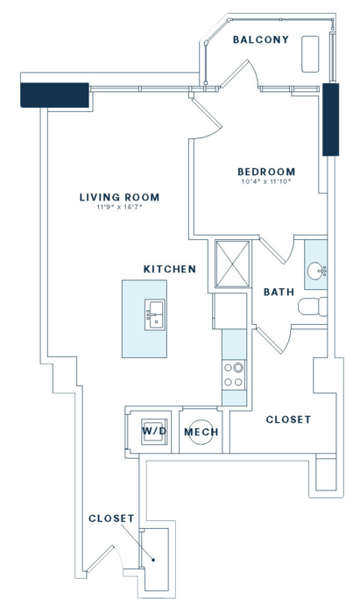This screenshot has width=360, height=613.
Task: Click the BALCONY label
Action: [x=261, y=39]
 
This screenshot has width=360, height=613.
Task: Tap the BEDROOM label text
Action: [x=266, y=172]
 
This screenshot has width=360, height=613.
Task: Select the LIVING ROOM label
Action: [x=120, y=197]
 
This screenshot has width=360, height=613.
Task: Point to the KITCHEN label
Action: [x=170, y=269]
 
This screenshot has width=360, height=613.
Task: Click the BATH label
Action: [x=279, y=292]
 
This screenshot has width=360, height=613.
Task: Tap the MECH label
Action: [x=201, y=432]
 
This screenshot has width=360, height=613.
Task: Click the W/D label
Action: [x=154, y=431]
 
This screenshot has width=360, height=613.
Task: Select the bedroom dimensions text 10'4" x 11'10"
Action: [x=266, y=181]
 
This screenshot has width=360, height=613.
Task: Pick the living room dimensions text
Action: [x=120, y=208]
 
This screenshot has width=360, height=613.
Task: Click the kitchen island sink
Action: [x=155, y=314]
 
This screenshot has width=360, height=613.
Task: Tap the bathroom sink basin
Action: [x=315, y=271]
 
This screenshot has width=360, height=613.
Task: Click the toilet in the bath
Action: [x=313, y=306]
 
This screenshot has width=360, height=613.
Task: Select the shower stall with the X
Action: [x=233, y=264]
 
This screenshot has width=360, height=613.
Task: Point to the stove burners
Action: [x=233, y=375]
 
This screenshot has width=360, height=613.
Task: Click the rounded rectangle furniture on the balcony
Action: [x=310, y=54]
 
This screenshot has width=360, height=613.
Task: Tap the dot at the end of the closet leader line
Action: [x=153, y=560]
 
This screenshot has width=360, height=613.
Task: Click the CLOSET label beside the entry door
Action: [x=111, y=518]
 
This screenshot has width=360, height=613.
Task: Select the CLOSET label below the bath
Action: [x=288, y=419]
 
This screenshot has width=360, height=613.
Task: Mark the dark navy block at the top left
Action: [x=54, y=95]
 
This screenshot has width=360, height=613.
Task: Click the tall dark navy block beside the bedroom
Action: [x=331, y=120]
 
